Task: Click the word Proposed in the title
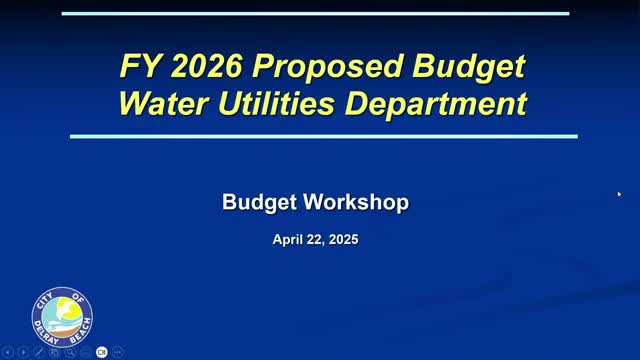click(327, 66)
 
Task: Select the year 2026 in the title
click(207, 66)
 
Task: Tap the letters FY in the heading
click(140, 66)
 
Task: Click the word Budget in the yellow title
click(469, 67)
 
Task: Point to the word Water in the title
click(164, 104)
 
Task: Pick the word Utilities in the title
click(277, 103)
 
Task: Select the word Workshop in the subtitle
click(356, 202)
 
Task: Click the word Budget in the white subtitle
click(259, 203)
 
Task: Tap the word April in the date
click(287, 240)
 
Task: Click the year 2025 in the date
click(343, 239)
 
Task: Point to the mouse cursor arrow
click(619, 194)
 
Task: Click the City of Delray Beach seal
click(62, 317)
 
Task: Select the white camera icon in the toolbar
click(102, 352)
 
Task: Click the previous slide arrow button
click(8, 352)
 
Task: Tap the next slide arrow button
click(23, 352)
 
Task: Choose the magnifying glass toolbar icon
click(70, 352)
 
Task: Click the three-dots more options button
click(118, 352)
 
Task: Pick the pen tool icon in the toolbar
click(39, 352)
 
